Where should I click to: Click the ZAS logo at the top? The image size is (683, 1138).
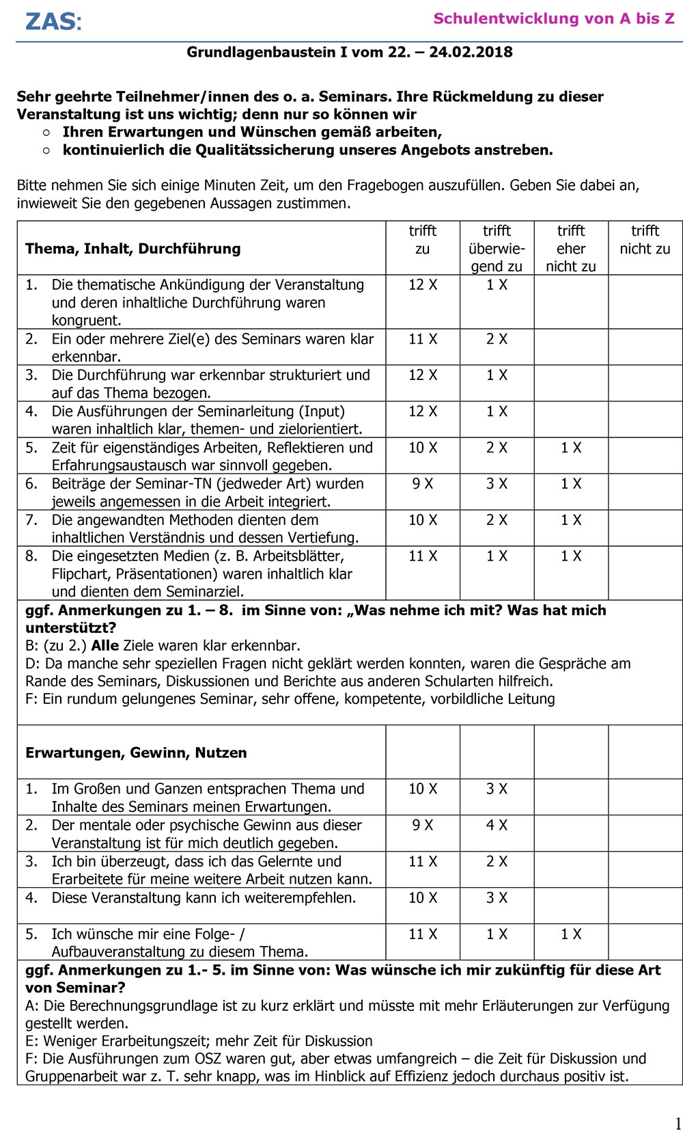pos(53,21)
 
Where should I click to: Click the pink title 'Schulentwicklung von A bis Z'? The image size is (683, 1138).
pos(553,18)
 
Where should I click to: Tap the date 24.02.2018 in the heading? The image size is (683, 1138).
pos(471,52)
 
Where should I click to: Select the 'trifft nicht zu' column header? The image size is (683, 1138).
pos(645,240)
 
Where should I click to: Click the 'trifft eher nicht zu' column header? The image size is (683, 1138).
pos(570,248)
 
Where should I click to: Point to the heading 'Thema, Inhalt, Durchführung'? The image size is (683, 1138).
pos(133,249)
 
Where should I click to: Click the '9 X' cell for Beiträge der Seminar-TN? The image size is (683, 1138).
pos(422,484)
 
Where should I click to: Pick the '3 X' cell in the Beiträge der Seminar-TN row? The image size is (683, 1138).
pos(497,484)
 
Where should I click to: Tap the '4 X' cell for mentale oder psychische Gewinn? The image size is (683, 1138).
pos(497,825)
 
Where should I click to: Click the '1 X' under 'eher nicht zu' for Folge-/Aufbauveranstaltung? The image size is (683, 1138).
pos(570,934)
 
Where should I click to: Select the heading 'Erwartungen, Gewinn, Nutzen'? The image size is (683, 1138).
pos(136,753)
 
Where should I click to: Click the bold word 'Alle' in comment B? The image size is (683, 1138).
pos(105,645)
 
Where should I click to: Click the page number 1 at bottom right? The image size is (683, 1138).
pos(678,1124)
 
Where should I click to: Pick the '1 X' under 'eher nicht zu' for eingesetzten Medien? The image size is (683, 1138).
pos(570,556)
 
